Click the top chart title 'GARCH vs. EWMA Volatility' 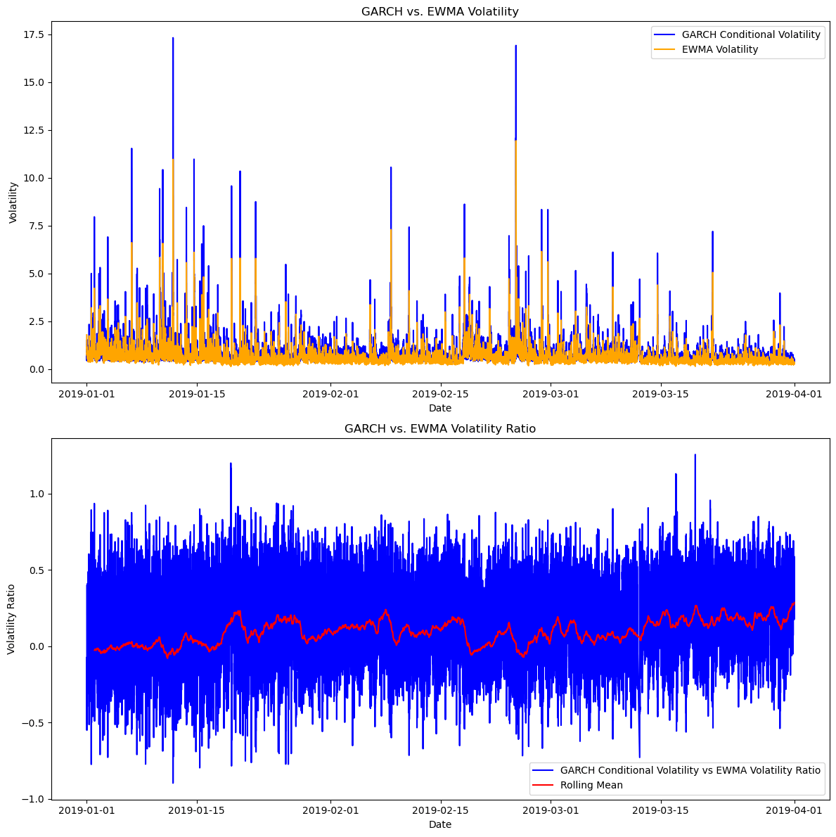pyautogui.click(x=439, y=11)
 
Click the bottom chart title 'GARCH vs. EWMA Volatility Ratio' pyautogui.click(x=439, y=429)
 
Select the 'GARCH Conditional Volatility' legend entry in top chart pyautogui.click(x=751, y=34)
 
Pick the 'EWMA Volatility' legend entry pyautogui.click(x=720, y=49)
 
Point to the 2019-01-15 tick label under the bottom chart pyautogui.click(x=197, y=810)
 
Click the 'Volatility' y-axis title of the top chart pyautogui.click(x=13, y=203)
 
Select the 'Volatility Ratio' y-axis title pyautogui.click(x=12, y=619)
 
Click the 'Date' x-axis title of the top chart pyautogui.click(x=439, y=408)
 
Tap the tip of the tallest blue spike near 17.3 pyautogui.click(x=173, y=38)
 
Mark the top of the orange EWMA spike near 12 pyautogui.click(x=515, y=141)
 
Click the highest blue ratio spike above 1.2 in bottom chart pyautogui.click(x=695, y=454)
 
